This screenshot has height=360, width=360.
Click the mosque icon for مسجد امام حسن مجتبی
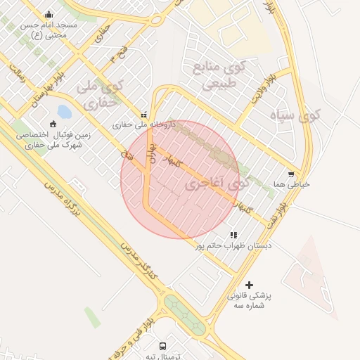pos(49,14)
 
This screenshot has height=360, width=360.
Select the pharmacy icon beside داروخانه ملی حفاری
pos(144,114)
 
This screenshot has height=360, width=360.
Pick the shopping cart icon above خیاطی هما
pos(291,174)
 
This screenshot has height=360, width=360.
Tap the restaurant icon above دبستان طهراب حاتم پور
pos(233,235)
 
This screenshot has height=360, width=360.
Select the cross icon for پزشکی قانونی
pos(249,285)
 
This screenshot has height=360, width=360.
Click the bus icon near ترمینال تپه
pos(163,346)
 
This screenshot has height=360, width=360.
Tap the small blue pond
pos(65,111)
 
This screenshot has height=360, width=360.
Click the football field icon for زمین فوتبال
pos(53,124)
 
